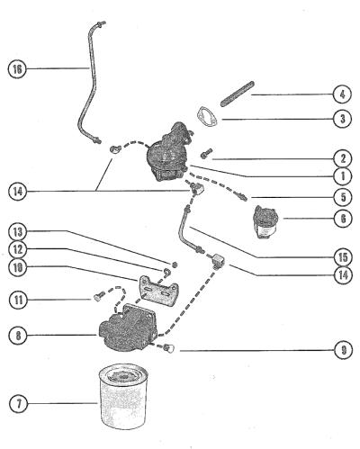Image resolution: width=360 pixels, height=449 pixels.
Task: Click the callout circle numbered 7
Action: click(x=19, y=403)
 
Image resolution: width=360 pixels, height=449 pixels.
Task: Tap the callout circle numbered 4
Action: click(x=343, y=94)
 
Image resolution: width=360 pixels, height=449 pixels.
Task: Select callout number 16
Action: click(x=17, y=69)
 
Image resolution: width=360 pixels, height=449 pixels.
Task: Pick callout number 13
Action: click(x=18, y=232)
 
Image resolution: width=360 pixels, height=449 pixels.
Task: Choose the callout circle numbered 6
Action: click(x=343, y=219)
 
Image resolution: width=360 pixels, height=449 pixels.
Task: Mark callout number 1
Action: click(x=343, y=176)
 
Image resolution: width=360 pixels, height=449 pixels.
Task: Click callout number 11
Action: click(x=19, y=300)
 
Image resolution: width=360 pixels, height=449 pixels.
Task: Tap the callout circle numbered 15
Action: click(x=343, y=256)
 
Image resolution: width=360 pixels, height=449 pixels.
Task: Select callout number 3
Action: click(x=343, y=119)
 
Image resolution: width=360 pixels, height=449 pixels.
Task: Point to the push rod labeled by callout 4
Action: click(x=238, y=94)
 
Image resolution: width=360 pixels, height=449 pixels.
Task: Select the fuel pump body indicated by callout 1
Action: click(x=168, y=153)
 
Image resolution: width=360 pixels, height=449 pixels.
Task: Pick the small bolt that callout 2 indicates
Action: click(x=206, y=153)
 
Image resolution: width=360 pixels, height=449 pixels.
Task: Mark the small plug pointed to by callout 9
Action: click(x=169, y=348)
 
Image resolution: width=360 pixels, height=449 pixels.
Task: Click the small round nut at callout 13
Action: click(x=175, y=265)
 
